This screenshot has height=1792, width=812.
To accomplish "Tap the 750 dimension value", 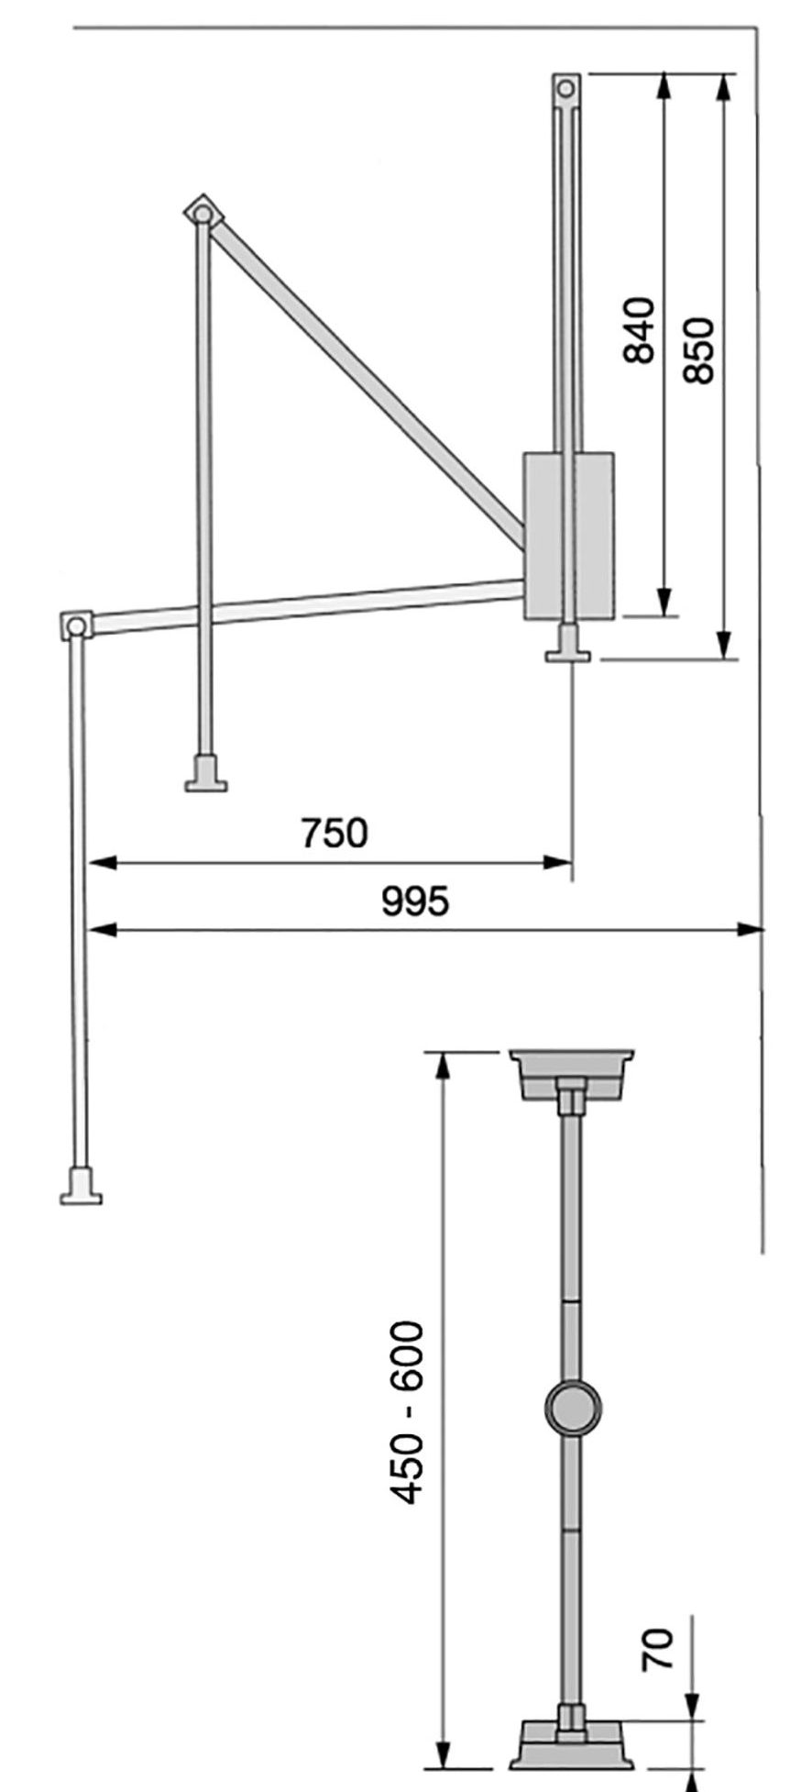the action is click(x=334, y=833).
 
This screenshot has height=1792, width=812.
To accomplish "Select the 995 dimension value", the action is click(x=415, y=902).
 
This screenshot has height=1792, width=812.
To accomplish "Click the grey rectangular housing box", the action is click(x=568, y=536).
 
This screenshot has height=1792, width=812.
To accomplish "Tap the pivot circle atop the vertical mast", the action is click(x=566, y=89).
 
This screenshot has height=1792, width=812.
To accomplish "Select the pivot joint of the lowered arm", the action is click(x=76, y=626).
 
